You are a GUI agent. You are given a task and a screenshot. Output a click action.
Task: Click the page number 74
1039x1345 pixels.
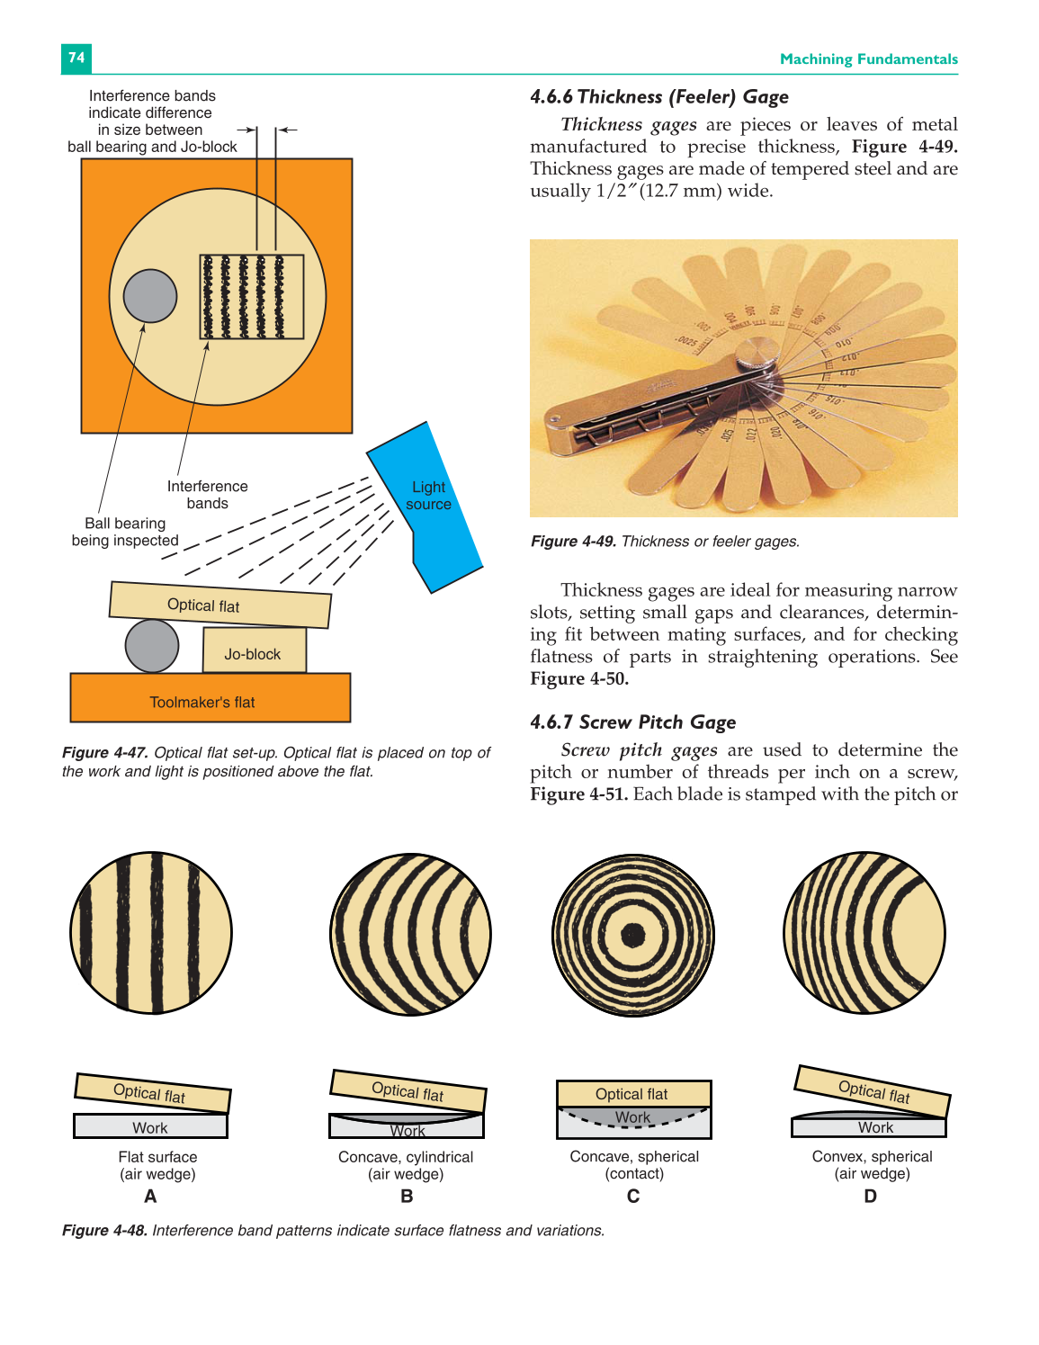coord(76,58)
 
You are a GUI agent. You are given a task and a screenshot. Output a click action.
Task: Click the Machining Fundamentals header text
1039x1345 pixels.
coord(868,59)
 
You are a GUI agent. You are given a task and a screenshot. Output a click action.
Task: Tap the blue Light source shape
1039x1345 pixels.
coord(428,504)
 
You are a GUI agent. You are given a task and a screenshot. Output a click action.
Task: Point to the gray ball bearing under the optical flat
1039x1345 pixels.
coord(151,646)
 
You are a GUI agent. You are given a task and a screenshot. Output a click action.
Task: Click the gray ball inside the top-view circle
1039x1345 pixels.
coord(149,296)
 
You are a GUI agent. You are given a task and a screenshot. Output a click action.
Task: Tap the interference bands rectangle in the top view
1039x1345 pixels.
coord(251,297)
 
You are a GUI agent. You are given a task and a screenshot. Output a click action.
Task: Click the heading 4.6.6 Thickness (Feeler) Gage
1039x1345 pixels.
coord(658,97)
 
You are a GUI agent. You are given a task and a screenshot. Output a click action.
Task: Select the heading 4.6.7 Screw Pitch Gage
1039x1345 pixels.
coord(632,722)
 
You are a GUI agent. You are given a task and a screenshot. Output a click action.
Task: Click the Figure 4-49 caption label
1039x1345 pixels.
coord(573,542)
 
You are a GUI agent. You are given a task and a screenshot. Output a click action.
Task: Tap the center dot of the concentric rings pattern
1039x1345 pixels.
coord(633,935)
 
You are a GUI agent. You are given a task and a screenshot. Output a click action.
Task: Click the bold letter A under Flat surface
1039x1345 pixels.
coord(150,1197)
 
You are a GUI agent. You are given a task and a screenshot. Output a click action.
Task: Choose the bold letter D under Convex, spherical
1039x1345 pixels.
coord(870,1197)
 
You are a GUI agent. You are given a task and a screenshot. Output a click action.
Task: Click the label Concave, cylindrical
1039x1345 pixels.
coord(406,1157)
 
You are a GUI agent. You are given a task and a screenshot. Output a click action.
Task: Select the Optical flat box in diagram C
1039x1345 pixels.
coord(633,1093)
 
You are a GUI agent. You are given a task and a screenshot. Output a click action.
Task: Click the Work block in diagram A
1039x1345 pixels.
coord(150,1127)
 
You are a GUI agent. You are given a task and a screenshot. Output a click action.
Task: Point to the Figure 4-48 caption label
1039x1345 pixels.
coord(104,1231)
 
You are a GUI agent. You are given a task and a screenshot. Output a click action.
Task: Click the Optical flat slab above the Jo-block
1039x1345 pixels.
coord(219,605)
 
